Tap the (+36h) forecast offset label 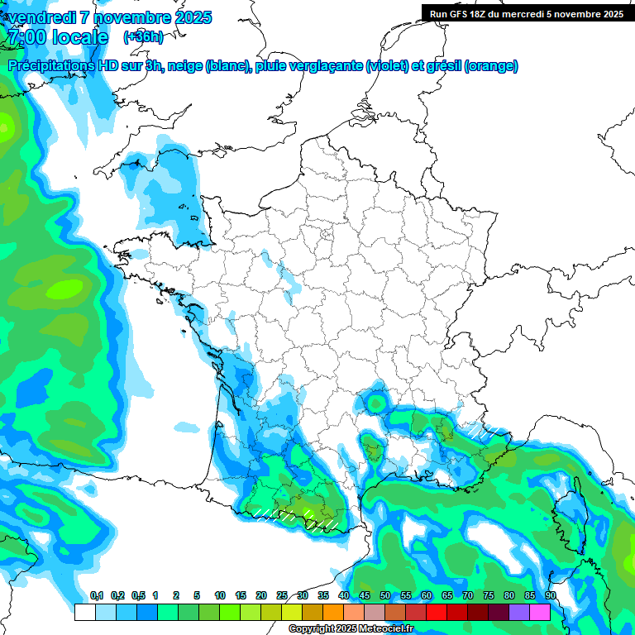click(143, 37)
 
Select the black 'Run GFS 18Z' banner click(527, 13)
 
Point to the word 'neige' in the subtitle click(185, 66)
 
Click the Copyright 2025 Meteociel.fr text click(351, 629)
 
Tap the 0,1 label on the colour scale click(97, 596)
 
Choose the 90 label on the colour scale click(551, 596)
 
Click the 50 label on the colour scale click(385, 596)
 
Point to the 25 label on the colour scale click(282, 596)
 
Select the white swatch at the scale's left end click(84, 612)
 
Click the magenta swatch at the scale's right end click(540, 612)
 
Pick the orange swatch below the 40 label click(333, 612)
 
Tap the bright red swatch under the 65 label click(437, 612)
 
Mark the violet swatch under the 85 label click(519, 612)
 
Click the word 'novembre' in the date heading click(134, 17)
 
